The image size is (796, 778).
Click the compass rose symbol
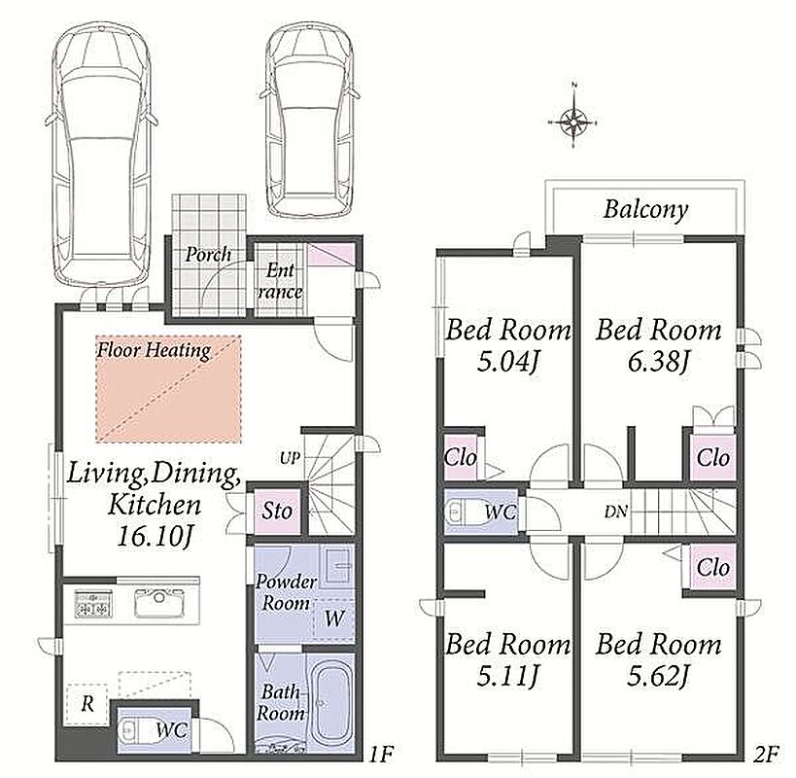573,122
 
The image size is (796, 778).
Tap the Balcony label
645,209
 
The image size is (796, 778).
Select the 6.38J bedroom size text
658,362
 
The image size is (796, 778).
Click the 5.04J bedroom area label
507,362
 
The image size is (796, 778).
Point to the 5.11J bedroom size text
507,676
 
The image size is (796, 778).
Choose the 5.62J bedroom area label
658,676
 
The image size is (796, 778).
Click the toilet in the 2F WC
463,512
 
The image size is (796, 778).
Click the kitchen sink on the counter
158,603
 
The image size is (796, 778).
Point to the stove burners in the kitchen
94,604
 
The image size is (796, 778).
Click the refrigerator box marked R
87,704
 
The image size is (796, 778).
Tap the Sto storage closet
277,511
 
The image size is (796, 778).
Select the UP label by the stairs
290,458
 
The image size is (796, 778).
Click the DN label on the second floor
616,512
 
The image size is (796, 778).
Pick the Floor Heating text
154,350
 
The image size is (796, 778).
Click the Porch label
208,254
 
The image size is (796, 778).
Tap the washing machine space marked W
334,619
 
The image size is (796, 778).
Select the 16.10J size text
155,536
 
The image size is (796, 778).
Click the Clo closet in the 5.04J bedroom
461,457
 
